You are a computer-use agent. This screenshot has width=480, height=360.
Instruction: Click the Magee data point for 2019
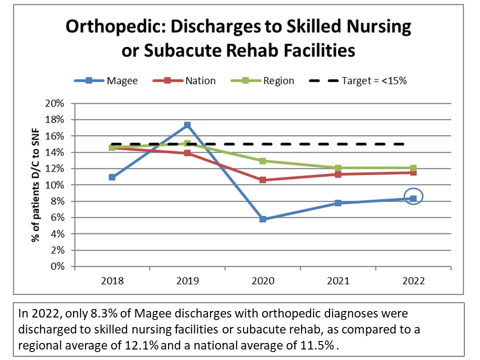tap(187, 125)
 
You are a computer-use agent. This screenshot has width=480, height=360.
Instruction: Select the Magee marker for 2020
tap(262, 219)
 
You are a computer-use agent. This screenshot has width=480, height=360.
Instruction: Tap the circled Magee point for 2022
tap(413, 198)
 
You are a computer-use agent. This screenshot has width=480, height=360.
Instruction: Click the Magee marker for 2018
tap(112, 177)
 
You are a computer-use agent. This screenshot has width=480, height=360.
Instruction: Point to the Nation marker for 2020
tap(262, 180)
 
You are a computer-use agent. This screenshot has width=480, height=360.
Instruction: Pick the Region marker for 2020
tap(262, 161)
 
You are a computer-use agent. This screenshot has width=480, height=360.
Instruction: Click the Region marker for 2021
tap(338, 168)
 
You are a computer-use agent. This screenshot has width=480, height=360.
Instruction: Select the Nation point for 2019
tap(187, 153)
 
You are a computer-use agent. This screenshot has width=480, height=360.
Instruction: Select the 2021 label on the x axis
tap(338, 281)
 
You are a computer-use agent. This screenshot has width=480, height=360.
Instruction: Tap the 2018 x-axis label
tap(112, 281)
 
